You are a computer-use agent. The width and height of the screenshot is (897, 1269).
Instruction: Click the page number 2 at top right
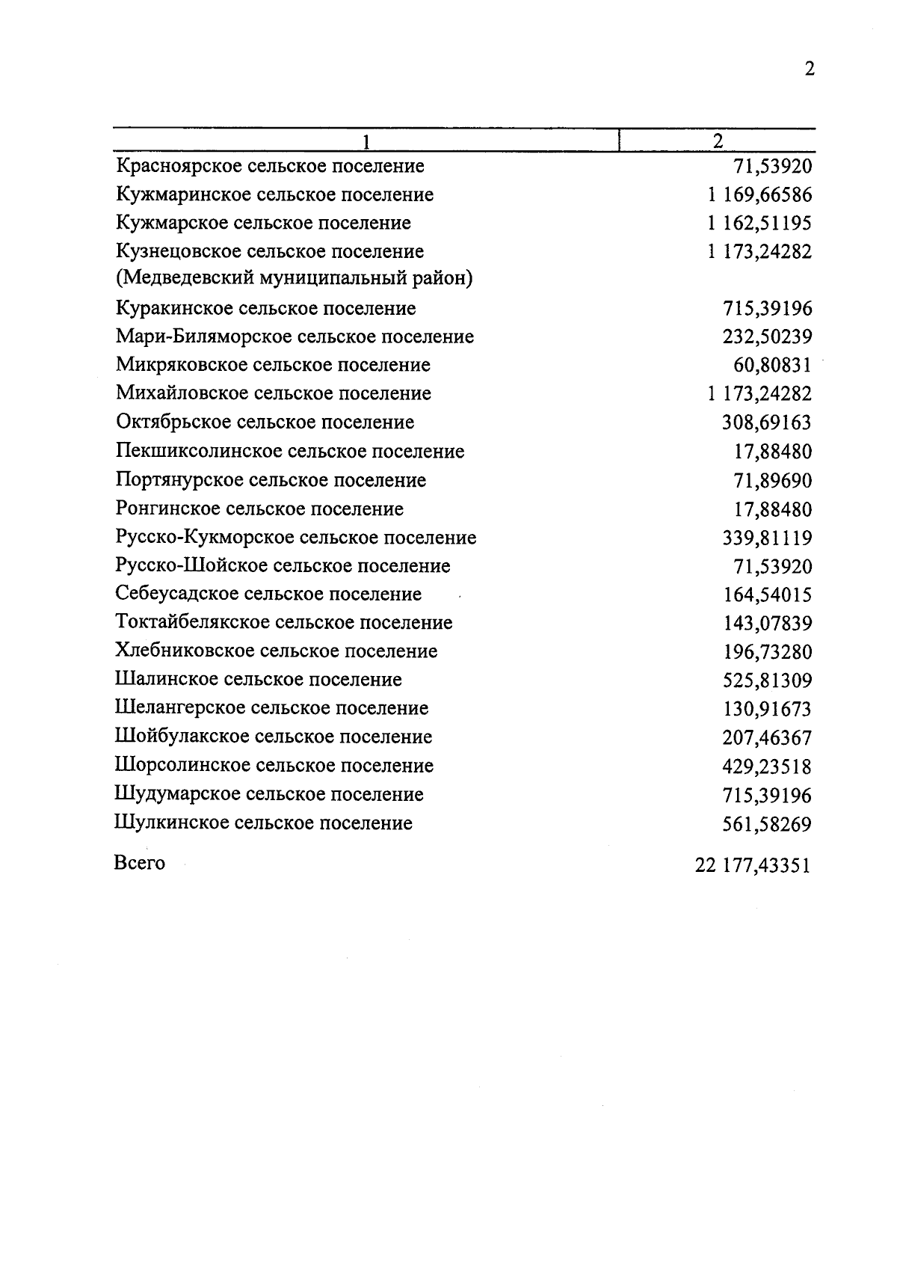[809, 70]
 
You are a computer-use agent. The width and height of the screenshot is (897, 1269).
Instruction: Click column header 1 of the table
[366, 141]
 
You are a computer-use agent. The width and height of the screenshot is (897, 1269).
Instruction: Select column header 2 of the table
[718, 141]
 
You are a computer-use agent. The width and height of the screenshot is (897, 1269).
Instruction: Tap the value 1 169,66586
[759, 195]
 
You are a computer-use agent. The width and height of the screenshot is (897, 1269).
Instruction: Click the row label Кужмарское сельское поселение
[263, 223]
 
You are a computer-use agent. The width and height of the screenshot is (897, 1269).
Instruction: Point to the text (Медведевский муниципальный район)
[295, 278]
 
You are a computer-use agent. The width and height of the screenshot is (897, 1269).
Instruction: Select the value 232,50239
[767, 337]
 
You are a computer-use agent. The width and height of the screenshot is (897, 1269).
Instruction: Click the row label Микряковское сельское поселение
[273, 365]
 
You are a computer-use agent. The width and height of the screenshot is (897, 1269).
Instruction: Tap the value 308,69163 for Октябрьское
[767, 423]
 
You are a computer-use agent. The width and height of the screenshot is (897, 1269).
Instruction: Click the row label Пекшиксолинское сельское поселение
[290, 452]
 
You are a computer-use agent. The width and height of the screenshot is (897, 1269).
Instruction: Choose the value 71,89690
[773, 481]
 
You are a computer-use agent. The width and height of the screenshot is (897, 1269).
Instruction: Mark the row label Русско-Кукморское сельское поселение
[296, 538]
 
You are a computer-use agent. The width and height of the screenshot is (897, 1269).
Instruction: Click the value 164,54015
[767, 595]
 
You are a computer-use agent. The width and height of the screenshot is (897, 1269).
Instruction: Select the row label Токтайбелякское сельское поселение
[284, 622]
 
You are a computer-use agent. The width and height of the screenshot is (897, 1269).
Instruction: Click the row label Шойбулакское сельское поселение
[274, 737]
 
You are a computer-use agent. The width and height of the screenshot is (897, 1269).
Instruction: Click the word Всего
[140, 863]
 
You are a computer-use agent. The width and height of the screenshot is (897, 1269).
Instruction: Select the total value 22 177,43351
[752, 866]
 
